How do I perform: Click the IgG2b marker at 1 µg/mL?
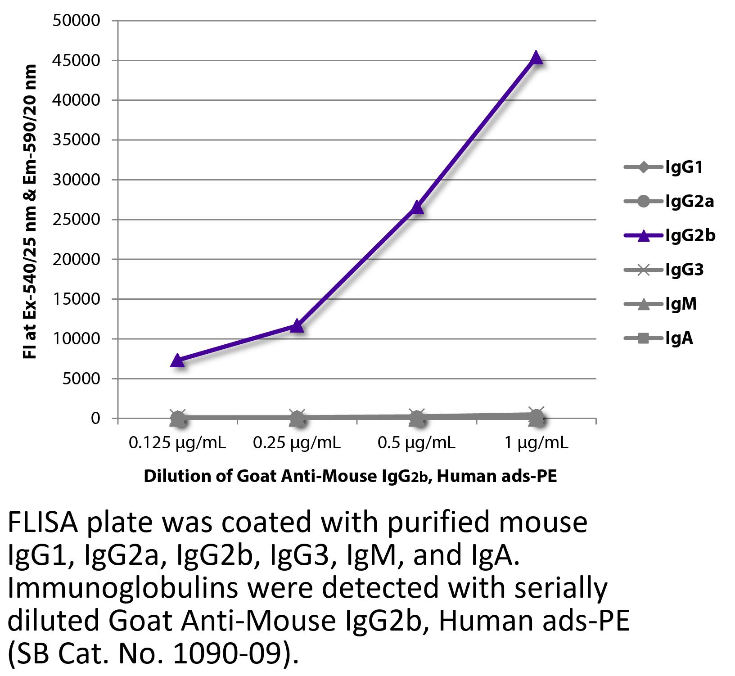pos(536,58)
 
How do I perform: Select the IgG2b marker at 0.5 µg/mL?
pos(417,207)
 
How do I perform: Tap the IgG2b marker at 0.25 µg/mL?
pos(297,326)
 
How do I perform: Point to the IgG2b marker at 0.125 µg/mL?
pos(178,361)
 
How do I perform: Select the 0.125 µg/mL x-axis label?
pos(177,443)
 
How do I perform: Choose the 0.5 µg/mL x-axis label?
pos(417,443)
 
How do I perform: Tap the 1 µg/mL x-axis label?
pos(536,443)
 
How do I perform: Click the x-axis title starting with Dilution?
pos(350,476)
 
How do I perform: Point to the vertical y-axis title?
pos(30,212)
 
